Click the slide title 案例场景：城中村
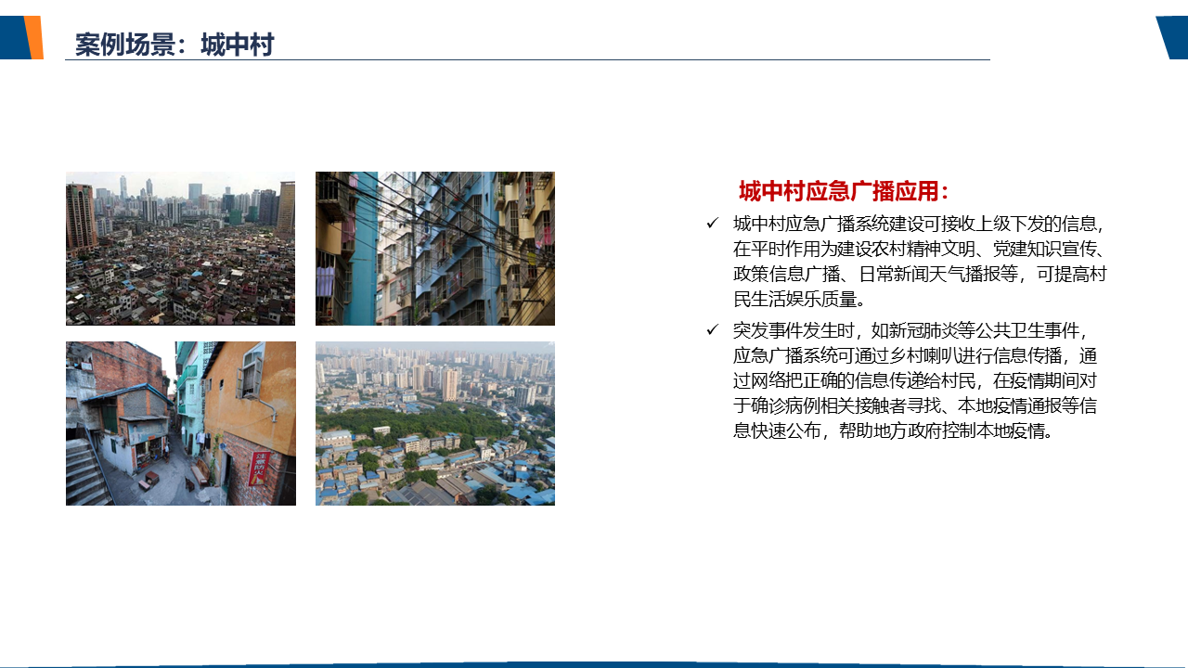(174, 45)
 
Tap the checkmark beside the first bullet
(712, 224)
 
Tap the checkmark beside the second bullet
(712, 329)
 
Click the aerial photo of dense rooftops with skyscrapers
(180, 248)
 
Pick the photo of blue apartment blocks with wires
(435, 248)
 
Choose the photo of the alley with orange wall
(181, 423)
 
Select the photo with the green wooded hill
(435, 423)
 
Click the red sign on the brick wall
(259, 469)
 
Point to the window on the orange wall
(252, 370)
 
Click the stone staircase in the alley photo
(86, 472)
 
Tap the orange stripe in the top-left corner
(34, 37)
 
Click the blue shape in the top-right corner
(1173, 37)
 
